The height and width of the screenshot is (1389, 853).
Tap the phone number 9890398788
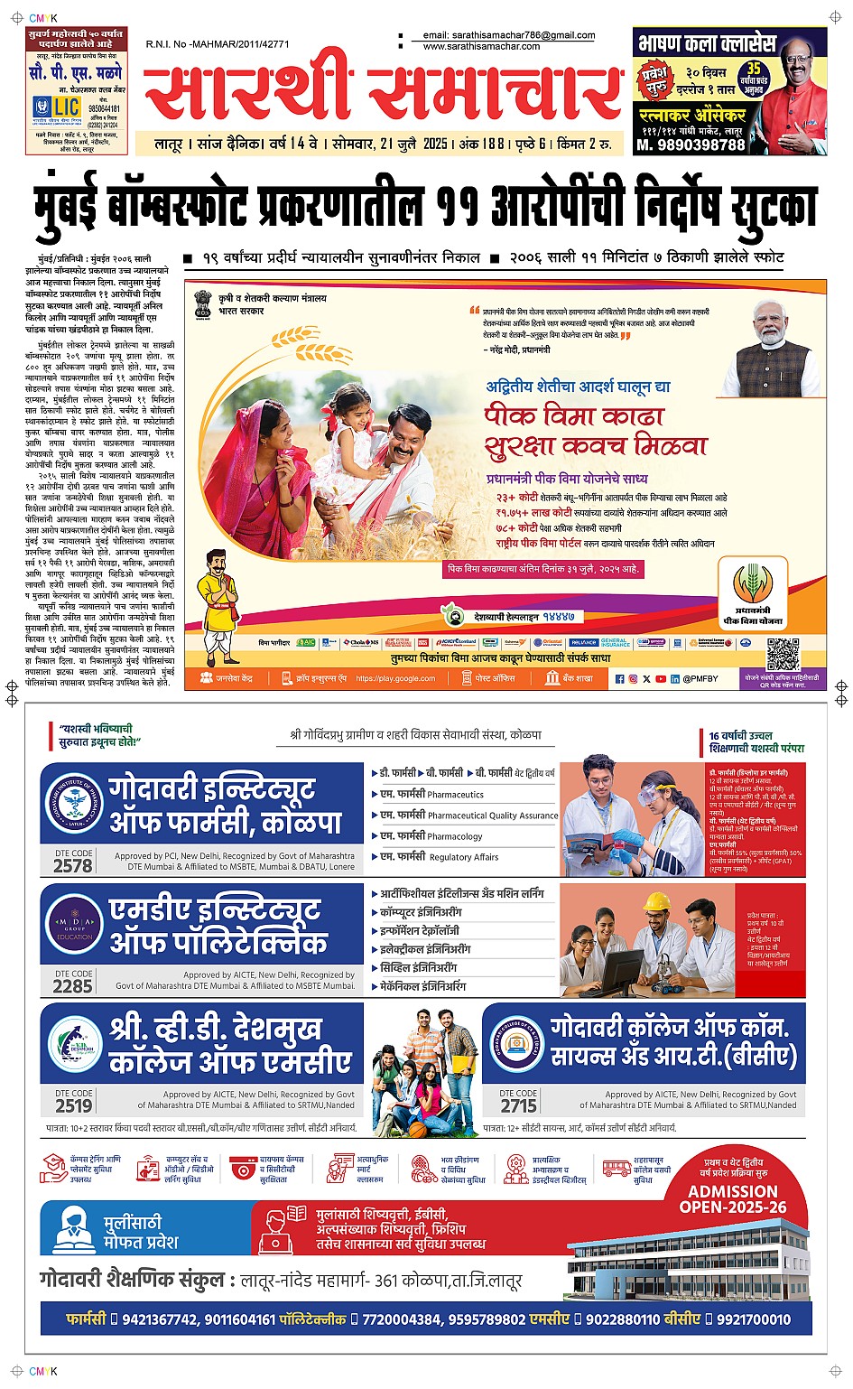click(x=691, y=144)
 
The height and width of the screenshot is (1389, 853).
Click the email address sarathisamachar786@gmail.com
click(x=509, y=35)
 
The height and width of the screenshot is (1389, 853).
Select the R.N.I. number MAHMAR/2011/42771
click(x=218, y=43)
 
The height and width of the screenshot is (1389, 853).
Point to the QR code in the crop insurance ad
click(x=783, y=653)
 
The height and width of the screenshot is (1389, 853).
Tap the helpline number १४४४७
click(x=560, y=617)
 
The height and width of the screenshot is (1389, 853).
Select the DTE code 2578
click(x=73, y=865)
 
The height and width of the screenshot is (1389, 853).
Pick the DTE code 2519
click(x=73, y=1105)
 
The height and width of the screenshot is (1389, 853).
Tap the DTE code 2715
click(x=518, y=1105)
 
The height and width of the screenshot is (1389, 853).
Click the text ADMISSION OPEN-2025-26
click(x=732, y=1199)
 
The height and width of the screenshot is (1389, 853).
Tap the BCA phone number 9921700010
click(x=754, y=1319)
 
